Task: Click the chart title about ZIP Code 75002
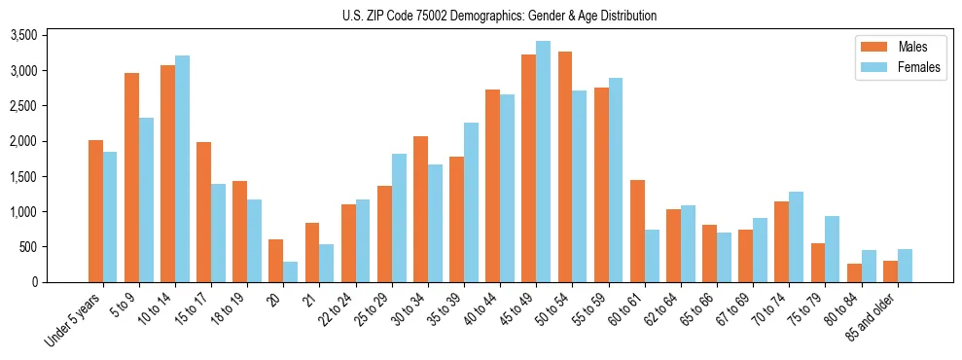click(x=500, y=16)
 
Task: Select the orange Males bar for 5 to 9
click(x=132, y=177)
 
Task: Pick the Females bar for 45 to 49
click(x=544, y=162)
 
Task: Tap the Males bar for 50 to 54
click(x=565, y=166)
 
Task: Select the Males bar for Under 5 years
click(x=96, y=211)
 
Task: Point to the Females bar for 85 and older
click(x=905, y=266)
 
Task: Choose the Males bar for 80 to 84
click(x=854, y=272)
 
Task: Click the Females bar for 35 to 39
click(x=471, y=202)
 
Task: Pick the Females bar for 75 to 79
click(x=833, y=249)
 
